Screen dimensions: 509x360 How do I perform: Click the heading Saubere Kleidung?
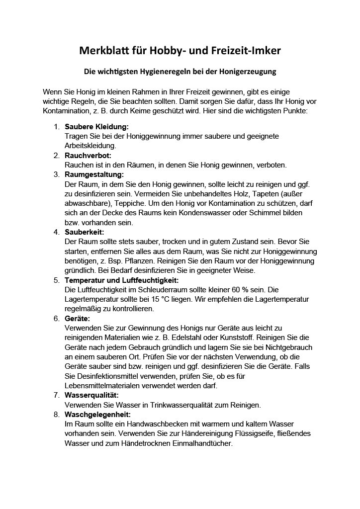click(x=96, y=127)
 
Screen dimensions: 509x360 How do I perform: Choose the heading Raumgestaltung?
click(x=94, y=174)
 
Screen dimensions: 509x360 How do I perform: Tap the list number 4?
click(x=57, y=232)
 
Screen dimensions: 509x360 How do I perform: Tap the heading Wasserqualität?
click(x=91, y=395)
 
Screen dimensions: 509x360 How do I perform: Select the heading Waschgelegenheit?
click(x=97, y=414)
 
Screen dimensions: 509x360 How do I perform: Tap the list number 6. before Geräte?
click(x=57, y=319)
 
